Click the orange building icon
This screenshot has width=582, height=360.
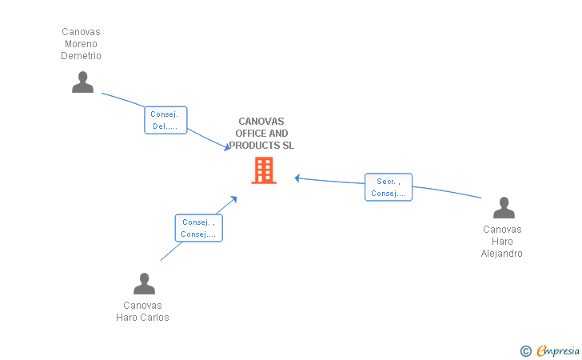coord(264,170)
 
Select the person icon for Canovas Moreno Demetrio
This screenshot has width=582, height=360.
coord(83,82)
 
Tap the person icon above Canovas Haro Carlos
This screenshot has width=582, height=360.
coord(145,283)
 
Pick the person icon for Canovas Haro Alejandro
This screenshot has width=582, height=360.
coord(504,208)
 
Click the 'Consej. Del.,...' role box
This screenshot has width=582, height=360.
coord(165,120)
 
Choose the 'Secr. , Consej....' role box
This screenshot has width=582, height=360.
coord(389,187)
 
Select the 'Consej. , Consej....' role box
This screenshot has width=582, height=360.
coord(198,228)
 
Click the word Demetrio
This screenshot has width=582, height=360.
coord(81,56)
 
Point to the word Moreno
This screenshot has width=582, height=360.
coord(81,44)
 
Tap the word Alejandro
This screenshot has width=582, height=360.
coord(502,254)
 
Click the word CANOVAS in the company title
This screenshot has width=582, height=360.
coord(261,122)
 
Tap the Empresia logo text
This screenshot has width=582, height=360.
coord(558,350)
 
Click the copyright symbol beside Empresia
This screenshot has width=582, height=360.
coord(526,351)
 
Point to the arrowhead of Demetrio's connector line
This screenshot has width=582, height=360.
coord(227,147)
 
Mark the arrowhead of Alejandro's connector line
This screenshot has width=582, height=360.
coord(297,178)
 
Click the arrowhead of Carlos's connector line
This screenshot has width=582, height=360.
coord(233,199)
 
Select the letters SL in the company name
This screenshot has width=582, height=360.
coord(289,146)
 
